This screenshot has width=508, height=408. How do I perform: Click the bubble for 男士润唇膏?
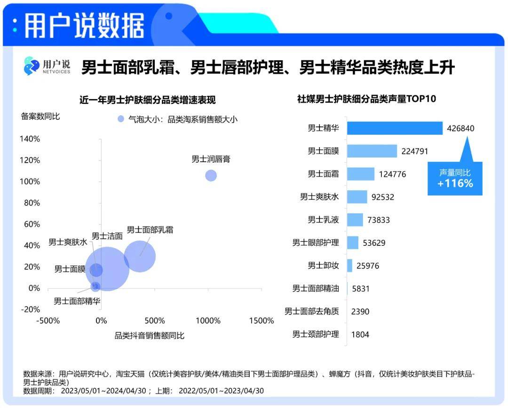[x=211, y=175]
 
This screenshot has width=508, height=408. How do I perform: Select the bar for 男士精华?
[x=395, y=128]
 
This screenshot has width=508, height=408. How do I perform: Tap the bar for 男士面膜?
[x=372, y=151]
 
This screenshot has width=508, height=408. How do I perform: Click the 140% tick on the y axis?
[x=30, y=139]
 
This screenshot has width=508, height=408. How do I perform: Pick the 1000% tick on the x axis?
[x=207, y=321]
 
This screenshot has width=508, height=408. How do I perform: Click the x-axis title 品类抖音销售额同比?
[x=150, y=336]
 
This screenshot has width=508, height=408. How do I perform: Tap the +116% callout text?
[x=455, y=183]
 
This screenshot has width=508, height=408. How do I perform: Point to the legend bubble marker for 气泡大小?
[x=121, y=119]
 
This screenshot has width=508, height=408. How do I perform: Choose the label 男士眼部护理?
[x=316, y=243]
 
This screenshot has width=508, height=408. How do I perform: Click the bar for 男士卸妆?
[x=349, y=266]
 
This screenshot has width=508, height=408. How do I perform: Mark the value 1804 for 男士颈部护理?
[x=360, y=335]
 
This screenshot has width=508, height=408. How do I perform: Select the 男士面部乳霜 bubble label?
[x=150, y=230]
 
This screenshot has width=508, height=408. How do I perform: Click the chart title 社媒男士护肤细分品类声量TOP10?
[x=366, y=99]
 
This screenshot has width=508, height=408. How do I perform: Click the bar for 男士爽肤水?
[x=357, y=196]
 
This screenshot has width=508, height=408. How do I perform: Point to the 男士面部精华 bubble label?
[x=77, y=301]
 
